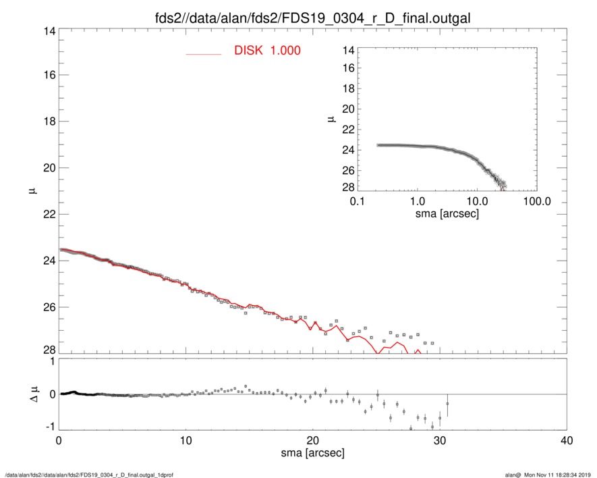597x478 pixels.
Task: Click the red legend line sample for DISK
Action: coord(203,54)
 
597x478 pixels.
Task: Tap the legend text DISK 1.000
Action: coord(267,51)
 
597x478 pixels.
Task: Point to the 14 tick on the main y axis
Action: coord(48,32)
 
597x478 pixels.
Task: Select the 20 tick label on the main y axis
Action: coord(48,167)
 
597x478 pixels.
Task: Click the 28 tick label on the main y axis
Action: coord(48,350)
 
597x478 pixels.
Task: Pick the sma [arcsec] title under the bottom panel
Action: coord(312,452)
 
